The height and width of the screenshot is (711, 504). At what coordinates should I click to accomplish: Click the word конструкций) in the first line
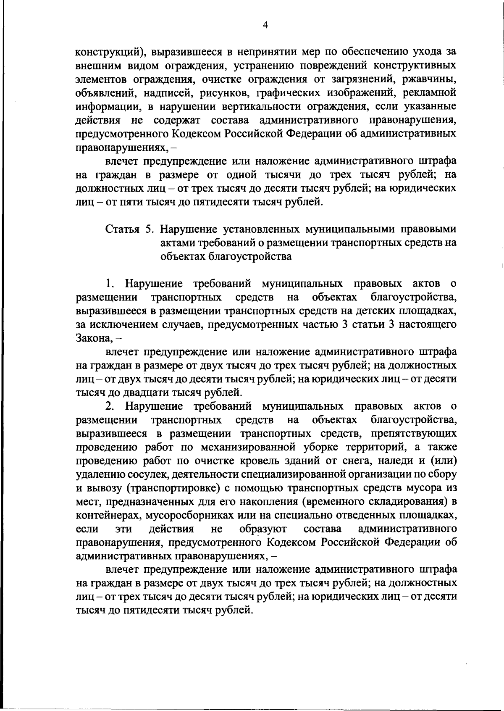pos(110,53)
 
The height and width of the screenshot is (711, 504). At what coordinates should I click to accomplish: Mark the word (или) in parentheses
pos(444,461)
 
